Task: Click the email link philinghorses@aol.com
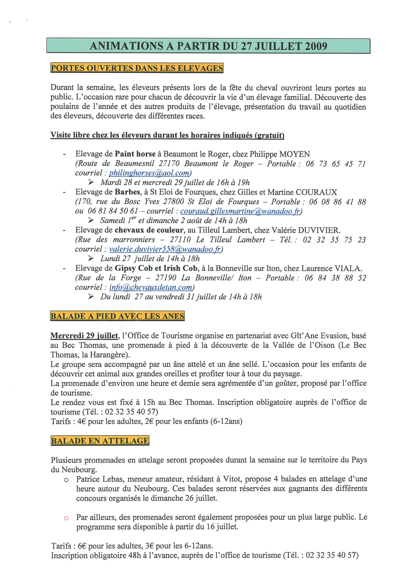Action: point(149,173)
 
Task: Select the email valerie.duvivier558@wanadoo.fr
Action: point(165,249)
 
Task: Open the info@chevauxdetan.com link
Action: point(151,287)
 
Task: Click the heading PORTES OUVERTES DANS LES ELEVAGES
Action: point(137,68)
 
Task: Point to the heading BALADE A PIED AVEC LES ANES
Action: point(117,316)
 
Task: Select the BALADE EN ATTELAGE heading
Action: point(100,441)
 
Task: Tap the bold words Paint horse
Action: point(135,154)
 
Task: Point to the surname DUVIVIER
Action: point(319,230)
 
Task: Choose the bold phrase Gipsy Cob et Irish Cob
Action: point(156,268)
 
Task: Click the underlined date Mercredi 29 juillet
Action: point(84,336)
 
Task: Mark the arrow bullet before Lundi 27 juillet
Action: point(91,259)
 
